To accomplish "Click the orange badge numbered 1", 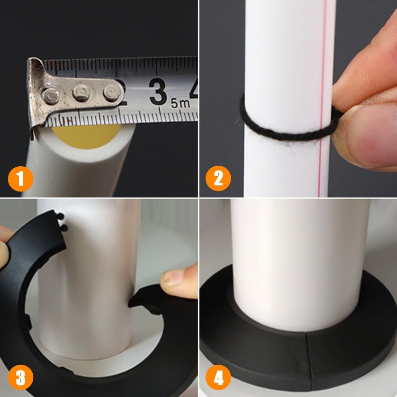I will click(x=20, y=179).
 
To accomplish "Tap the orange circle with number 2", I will click(x=218, y=179).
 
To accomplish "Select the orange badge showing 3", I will click(x=20, y=378).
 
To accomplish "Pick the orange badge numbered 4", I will click(x=218, y=378).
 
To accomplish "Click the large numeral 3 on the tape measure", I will click(x=158, y=92).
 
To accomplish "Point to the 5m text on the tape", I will click(x=180, y=103).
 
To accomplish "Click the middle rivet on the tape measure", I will click(x=81, y=93).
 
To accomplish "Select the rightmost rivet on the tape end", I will click(x=111, y=92).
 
